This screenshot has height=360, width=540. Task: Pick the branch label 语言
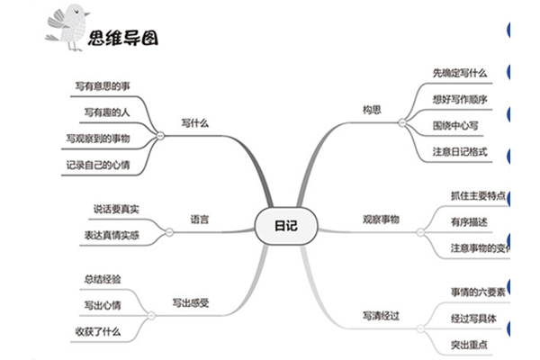(x=200, y=219)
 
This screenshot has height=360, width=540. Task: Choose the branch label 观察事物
(x=381, y=219)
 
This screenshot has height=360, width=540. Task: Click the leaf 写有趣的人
(x=106, y=112)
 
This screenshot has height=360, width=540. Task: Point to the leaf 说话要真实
(x=115, y=209)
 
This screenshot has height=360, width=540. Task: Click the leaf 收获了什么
(x=99, y=331)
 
